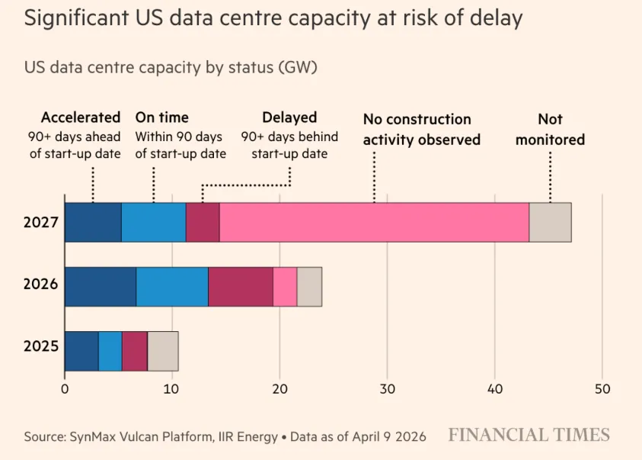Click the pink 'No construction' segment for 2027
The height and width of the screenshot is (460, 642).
374,222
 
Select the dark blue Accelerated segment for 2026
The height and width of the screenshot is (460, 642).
101,287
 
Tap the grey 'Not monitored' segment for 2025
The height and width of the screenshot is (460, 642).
162,351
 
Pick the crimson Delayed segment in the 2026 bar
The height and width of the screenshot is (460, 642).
241,287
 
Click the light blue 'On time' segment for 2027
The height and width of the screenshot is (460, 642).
153,222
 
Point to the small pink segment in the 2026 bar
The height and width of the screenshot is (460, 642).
285,287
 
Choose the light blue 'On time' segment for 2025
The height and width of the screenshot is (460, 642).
110,351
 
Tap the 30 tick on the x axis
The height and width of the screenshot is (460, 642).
387,389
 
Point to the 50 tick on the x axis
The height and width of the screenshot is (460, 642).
602,389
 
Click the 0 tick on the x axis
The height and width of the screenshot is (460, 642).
65,389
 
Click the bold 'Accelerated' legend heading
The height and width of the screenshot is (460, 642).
81,117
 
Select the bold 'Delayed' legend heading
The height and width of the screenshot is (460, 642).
289,117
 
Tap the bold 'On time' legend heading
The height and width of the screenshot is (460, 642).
161,117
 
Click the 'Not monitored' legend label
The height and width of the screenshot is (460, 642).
550,130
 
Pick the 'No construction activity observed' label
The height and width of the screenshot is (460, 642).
421,130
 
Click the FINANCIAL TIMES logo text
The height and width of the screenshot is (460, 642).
529,436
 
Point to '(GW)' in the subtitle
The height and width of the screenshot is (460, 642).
298,67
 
